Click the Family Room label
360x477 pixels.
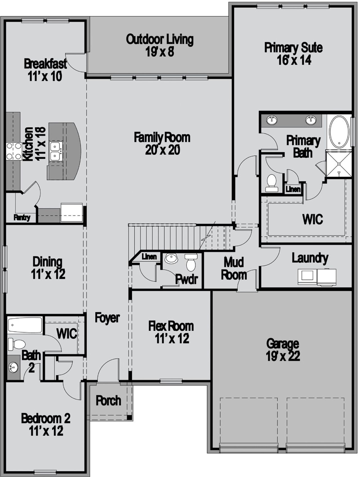[162, 137]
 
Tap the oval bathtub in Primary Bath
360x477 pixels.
[339, 132]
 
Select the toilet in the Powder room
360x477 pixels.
[191, 263]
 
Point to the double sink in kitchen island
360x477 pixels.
[55, 151]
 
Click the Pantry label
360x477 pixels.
[22, 218]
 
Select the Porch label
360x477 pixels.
[108, 401]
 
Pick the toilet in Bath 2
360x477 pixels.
[17, 344]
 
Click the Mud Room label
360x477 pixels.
[234, 268]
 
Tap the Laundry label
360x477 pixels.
[310, 258]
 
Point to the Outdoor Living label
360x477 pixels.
[159, 39]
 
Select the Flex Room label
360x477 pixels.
[171, 326]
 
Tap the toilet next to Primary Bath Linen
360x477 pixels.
[272, 183]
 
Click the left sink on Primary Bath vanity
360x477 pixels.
[272, 120]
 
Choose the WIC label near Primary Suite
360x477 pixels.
[312, 219]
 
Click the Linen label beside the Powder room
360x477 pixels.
[149, 256]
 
